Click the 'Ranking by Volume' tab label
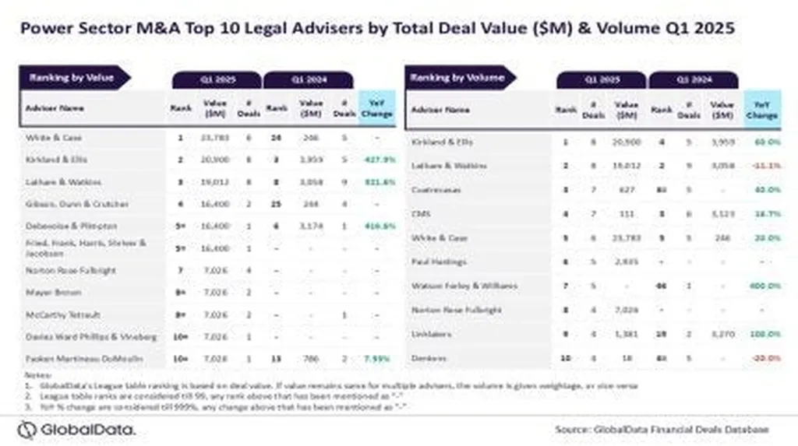(x=458, y=78)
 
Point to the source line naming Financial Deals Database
(x=662, y=430)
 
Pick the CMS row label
(x=418, y=213)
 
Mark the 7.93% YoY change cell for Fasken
(x=377, y=359)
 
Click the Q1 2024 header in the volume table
(x=693, y=79)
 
